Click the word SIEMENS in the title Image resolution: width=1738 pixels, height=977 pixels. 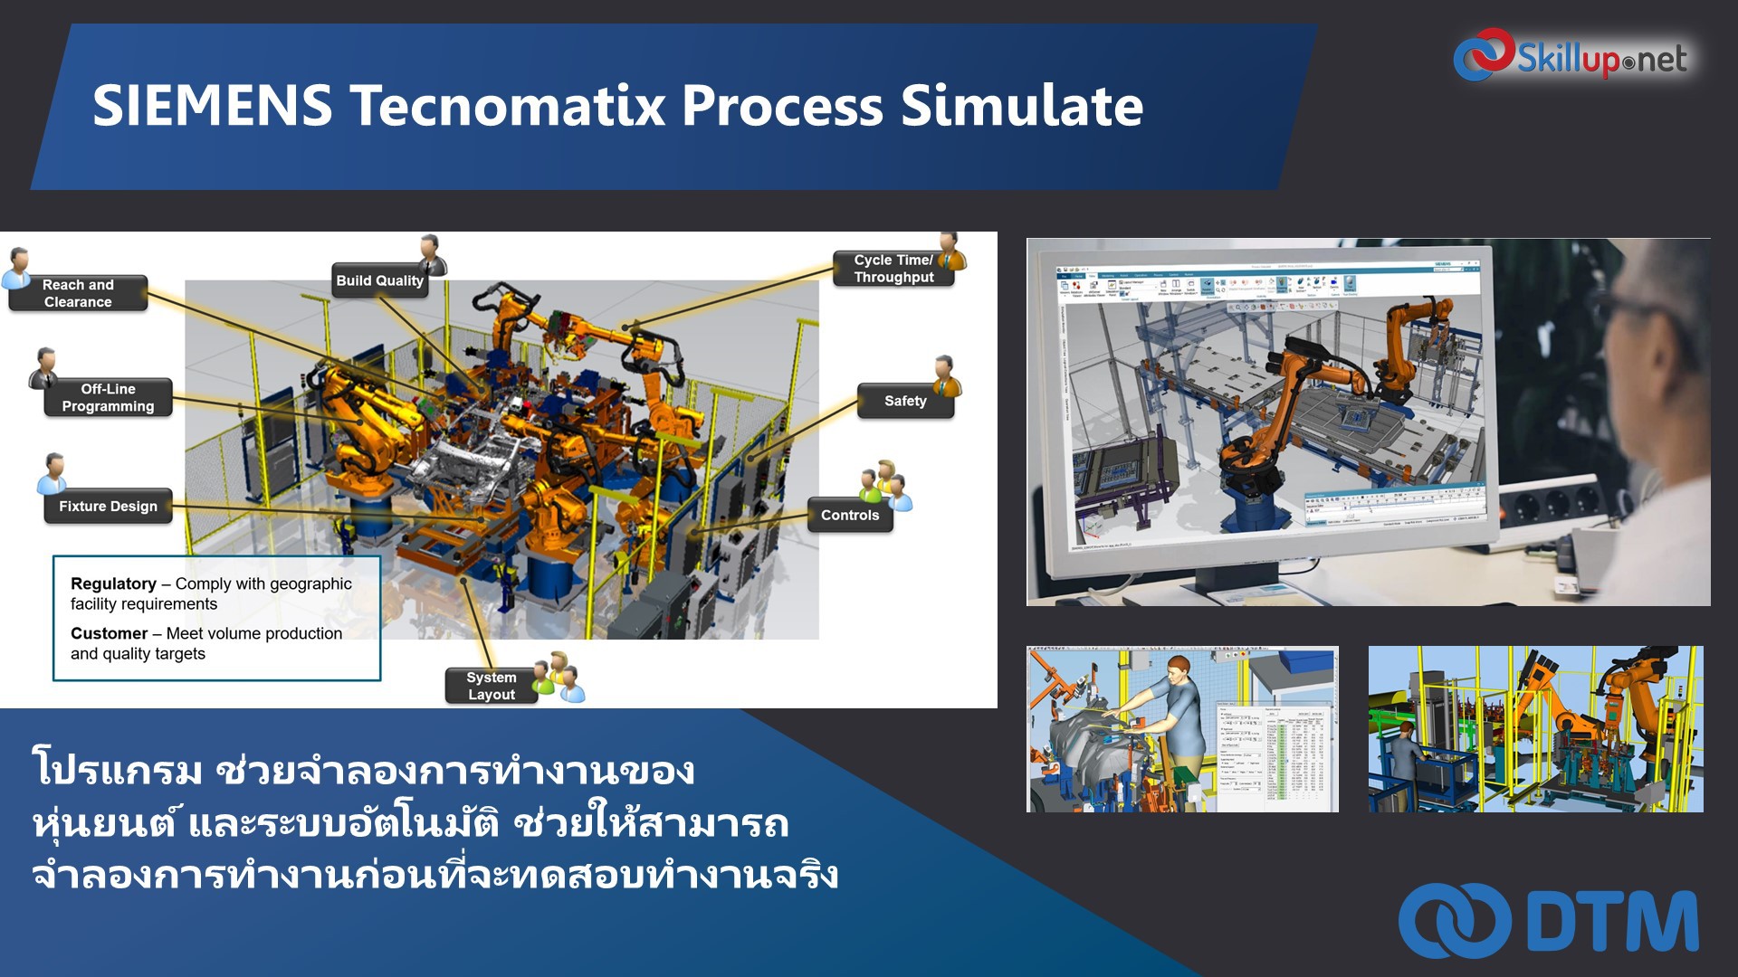(x=212, y=105)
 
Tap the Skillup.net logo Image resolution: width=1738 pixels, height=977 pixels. (x=1571, y=56)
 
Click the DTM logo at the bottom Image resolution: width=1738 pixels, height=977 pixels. (x=1549, y=921)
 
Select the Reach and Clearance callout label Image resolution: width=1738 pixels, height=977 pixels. (x=78, y=293)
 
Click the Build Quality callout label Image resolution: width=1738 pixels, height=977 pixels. (x=379, y=280)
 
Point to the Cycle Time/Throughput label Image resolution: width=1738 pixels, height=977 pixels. (x=893, y=269)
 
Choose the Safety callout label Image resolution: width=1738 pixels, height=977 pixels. (x=904, y=401)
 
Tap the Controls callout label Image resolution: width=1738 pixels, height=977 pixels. (x=849, y=515)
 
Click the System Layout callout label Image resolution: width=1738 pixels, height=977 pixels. (x=491, y=686)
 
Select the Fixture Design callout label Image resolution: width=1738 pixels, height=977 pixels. (x=108, y=507)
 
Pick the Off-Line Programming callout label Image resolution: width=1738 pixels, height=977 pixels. (x=108, y=398)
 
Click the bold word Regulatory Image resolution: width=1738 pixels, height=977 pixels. (x=113, y=583)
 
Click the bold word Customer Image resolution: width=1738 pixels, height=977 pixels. (x=109, y=633)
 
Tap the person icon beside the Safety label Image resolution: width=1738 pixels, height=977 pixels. (x=947, y=375)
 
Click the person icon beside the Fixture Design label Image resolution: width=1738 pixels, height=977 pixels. (x=53, y=472)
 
